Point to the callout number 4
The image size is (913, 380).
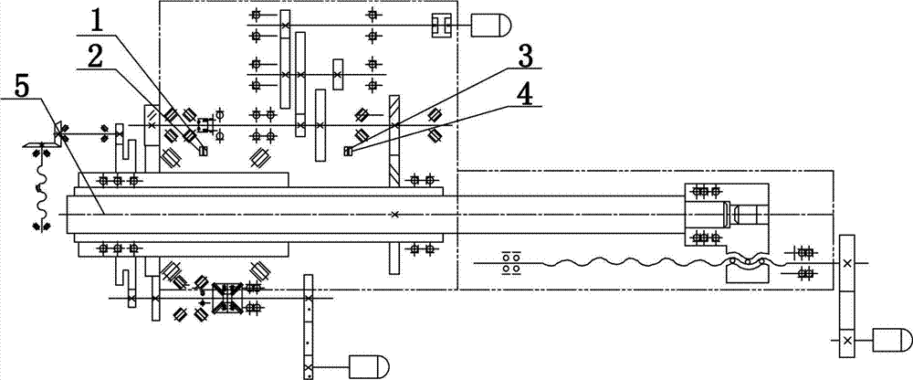[x=525, y=94]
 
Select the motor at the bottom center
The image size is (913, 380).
[x=369, y=366]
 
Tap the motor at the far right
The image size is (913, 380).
[x=892, y=339]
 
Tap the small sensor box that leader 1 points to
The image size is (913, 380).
[x=204, y=152]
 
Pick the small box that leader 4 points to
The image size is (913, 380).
[x=348, y=152]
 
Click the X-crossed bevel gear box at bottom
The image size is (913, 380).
[x=227, y=299]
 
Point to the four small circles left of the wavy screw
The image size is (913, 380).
[x=510, y=262]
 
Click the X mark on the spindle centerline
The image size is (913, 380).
[x=394, y=215]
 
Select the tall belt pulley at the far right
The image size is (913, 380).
[x=847, y=296]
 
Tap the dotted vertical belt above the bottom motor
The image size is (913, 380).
[x=308, y=326]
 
